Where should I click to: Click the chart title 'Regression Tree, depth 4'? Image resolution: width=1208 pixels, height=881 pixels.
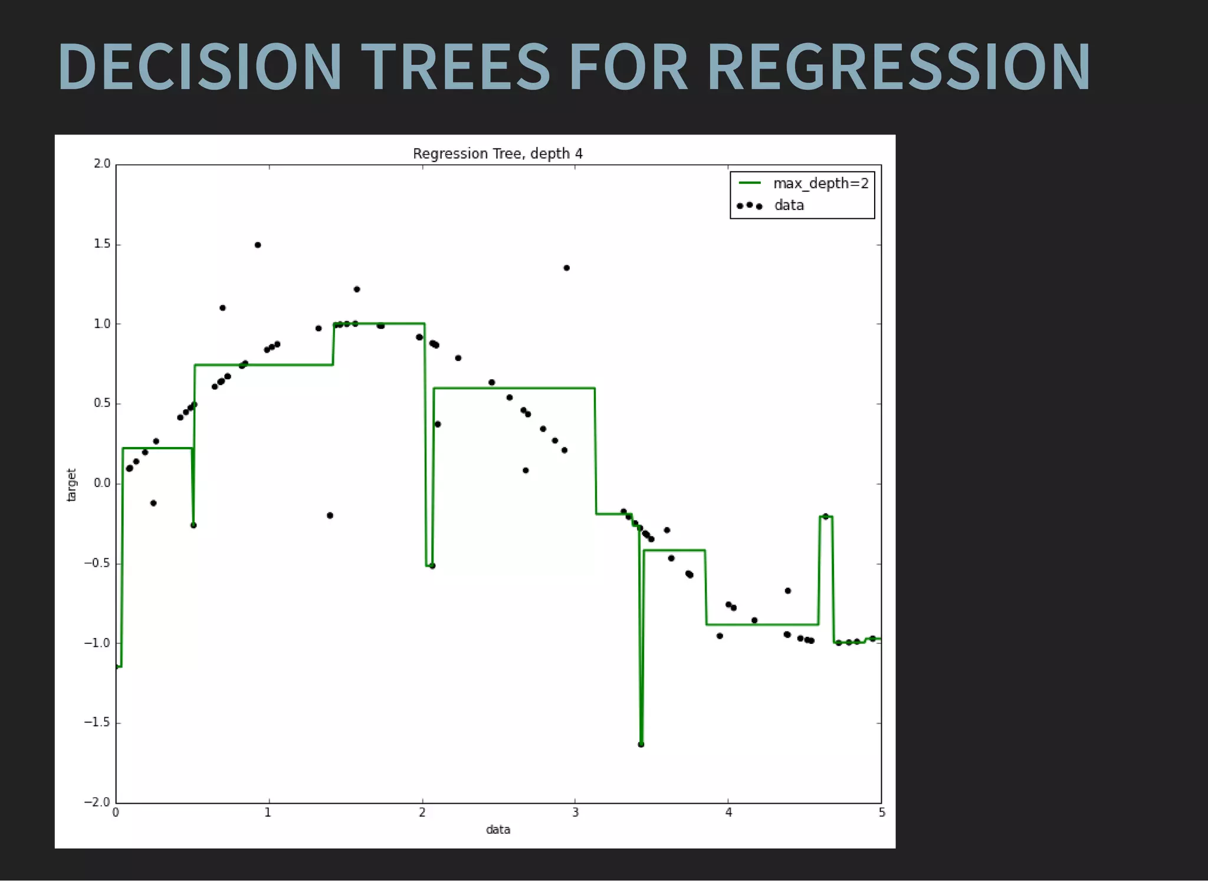[497, 154]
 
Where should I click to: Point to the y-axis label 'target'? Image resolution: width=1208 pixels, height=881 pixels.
[71, 485]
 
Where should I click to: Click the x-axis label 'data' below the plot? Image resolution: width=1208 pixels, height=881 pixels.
[498, 829]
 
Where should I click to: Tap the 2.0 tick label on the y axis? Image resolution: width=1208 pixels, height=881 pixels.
[101, 164]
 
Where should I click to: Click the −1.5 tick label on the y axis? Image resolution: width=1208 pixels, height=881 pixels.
[97, 722]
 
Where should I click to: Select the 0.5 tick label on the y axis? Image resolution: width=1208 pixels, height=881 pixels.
[101, 403]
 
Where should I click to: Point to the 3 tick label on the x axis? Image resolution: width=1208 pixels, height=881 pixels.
[575, 813]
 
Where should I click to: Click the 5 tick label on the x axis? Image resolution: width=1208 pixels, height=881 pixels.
[881, 813]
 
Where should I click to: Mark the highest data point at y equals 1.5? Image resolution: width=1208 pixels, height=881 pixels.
[258, 245]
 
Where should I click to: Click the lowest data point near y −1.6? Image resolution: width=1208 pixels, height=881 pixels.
[641, 744]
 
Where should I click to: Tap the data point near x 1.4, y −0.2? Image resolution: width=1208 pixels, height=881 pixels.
[330, 515]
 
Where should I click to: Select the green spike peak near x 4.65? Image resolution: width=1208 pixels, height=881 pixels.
[826, 517]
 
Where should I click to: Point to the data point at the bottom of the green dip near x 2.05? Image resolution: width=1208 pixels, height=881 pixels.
[432, 566]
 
